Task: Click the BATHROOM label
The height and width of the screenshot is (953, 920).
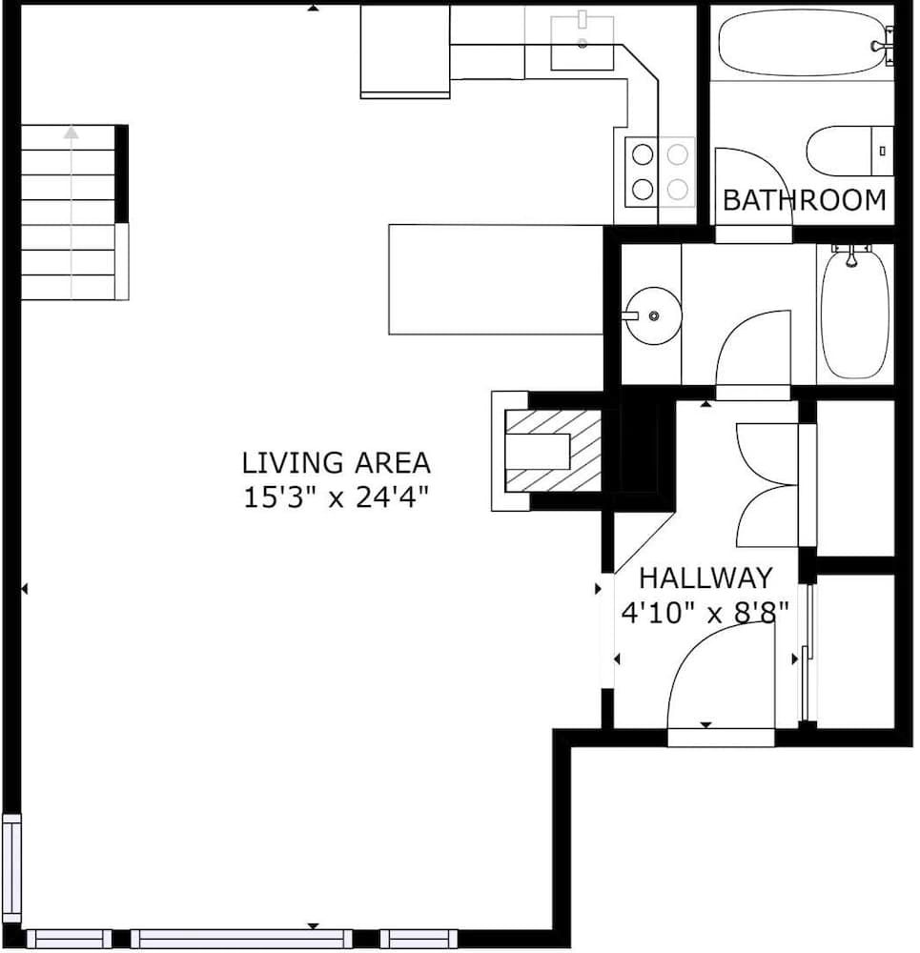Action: tap(805, 201)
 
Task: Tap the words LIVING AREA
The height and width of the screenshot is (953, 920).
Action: tap(336, 463)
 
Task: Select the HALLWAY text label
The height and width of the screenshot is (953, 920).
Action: tap(705, 578)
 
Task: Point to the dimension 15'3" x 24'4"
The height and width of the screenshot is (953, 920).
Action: tap(336, 497)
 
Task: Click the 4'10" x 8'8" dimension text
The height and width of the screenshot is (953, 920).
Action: tap(705, 612)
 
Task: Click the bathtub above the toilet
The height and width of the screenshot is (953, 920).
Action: tap(804, 43)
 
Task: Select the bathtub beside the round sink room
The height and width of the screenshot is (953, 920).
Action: tap(855, 313)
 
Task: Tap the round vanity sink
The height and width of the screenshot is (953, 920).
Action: tap(652, 315)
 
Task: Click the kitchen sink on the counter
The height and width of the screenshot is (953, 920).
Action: tap(583, 44)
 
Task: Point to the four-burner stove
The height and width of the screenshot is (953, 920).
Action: tap(660, 172)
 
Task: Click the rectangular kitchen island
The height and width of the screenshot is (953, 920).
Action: tap(496, 279)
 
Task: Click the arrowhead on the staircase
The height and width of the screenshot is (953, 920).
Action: tap(72, 132)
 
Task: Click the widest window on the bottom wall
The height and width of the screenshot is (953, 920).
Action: tap(241, 939)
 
